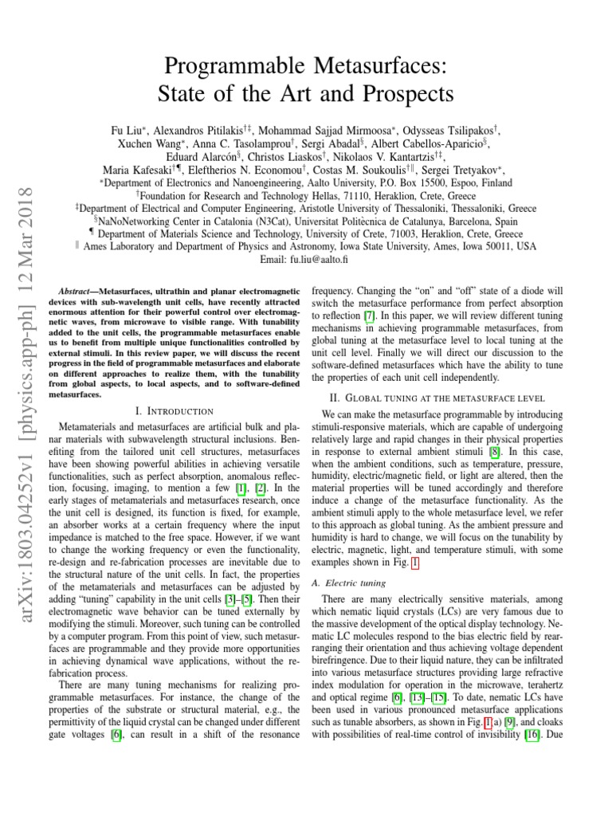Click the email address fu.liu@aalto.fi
(322, 259)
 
